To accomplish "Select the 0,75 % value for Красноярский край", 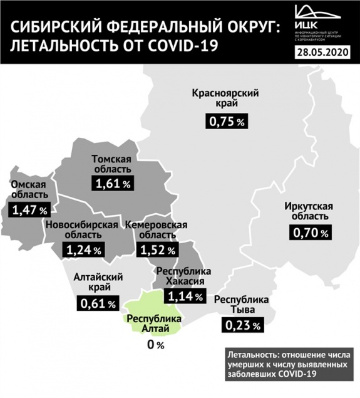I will coord(226,122).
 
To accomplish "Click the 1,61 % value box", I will coord(113,183).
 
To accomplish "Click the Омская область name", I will coord(29,189).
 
